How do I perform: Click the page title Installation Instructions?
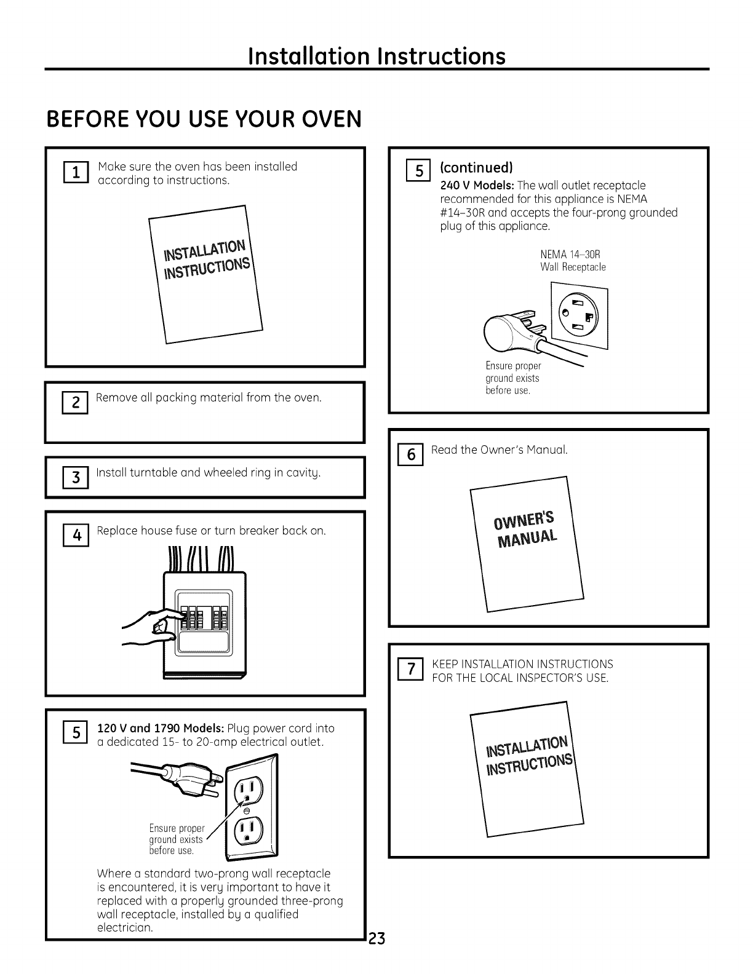click(376, 56)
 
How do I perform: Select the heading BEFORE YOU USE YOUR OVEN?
click(204, 119)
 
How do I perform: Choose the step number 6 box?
click(410, 456)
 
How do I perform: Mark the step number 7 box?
click(410, 670)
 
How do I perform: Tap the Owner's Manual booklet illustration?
click(526, 544)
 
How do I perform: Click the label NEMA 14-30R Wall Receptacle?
click(572, 260)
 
